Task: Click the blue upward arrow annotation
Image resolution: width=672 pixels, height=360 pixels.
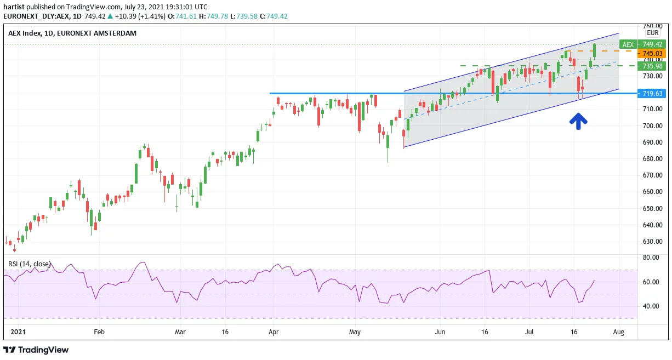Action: point(578,121)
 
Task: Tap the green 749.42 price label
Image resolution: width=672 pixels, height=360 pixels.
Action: point(652,44)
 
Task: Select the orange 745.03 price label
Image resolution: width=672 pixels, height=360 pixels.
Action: point(652,53)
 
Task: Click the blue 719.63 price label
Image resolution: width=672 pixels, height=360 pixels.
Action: point(652,93)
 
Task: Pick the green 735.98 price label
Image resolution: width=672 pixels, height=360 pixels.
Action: point(652,66)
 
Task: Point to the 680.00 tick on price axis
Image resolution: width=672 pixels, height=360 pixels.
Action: point(652,159)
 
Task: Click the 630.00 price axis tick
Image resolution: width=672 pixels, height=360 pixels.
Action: point(652,242)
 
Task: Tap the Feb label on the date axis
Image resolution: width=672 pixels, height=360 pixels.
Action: point(99,332)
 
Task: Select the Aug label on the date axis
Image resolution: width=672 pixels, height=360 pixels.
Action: point(619,332)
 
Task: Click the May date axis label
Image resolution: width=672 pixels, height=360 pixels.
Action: point(355,332)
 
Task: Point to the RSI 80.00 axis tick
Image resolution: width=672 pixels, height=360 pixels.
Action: point(651,258)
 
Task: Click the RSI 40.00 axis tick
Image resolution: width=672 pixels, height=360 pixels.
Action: point(651,306)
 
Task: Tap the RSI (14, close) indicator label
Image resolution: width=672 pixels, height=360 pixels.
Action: point(29,264)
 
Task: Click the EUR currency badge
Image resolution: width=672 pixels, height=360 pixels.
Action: point(653,33)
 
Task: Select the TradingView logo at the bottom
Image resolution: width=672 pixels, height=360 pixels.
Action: point(36,350)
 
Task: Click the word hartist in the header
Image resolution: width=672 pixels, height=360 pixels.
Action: point(14,7)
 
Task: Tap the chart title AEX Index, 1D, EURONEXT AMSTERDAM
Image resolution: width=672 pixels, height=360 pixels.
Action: point(72,33)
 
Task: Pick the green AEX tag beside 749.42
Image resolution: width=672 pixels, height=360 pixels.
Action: point(628,44)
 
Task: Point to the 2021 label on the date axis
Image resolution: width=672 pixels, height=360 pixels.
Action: point(18,332)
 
